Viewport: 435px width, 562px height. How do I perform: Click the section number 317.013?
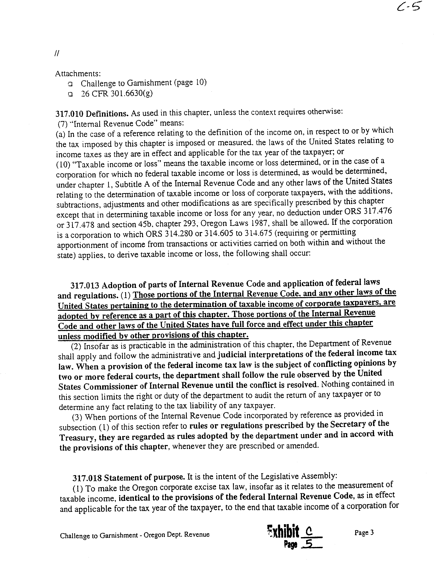[85, 285]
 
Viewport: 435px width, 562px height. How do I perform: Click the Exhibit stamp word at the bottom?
[283, 532]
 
